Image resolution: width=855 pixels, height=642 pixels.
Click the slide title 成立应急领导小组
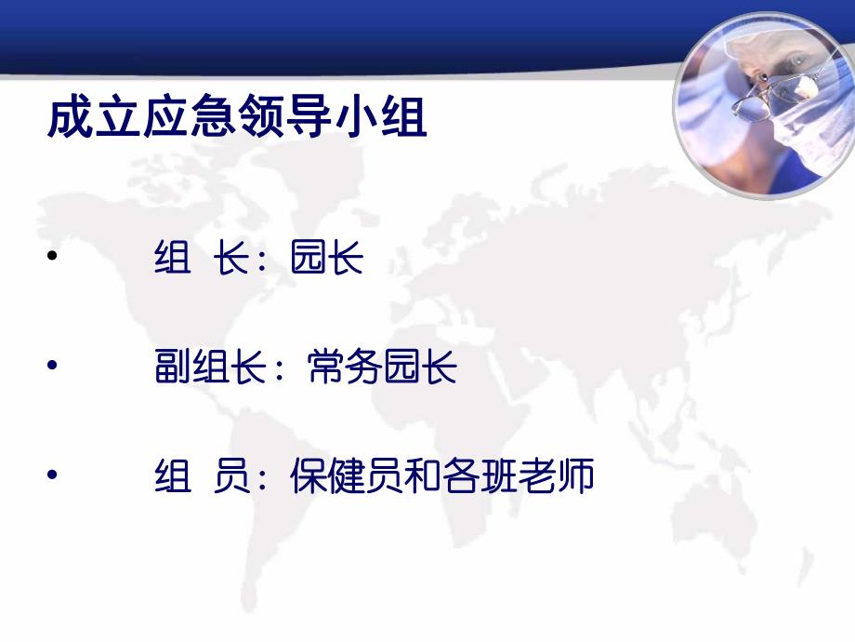pos(237,120)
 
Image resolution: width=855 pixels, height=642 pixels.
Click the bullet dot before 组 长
pos(52,255)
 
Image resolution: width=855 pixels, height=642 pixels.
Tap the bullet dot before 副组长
pos(52,365)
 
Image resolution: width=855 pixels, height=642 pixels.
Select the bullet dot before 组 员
pos(52,474)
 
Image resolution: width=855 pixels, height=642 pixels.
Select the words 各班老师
pos(518,478)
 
